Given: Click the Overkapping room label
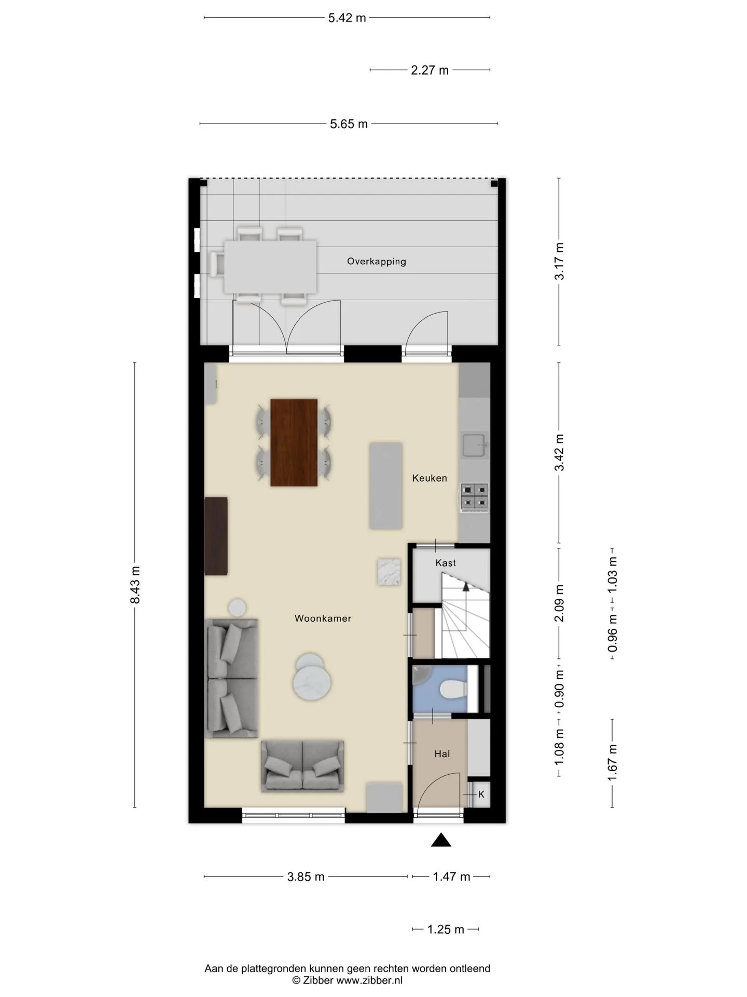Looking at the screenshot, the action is click(x=376, y=261).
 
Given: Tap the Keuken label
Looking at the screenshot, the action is click(x=430, y=478).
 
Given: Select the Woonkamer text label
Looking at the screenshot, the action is click(x=323, y=618).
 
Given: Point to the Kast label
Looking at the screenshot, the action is click(x=446, y=563).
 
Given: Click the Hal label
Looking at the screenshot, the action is click(x=442, y=754).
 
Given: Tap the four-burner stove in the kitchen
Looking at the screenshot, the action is click(x=475, y=496).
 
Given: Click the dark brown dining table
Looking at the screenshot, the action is click(x=294, y=442).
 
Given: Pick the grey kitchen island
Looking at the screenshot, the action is click(x=385, y=486).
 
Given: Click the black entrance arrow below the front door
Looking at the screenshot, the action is click(x=441, y=840).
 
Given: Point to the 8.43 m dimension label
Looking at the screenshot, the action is click(x=135, y=585).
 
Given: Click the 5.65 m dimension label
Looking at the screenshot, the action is click(x=349, y=124).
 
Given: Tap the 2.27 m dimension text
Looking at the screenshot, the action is click(x=430, y=70).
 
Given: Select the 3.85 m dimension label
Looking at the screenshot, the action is click(x=306, y=877).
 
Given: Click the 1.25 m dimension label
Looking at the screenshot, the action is click(x=446, y=929).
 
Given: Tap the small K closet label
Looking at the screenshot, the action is click(x=481, y=794).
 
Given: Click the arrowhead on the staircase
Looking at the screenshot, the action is click(x=466, y=587).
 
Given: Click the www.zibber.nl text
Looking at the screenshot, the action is click(x=369, y=980).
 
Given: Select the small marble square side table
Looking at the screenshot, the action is click(x=389, y=572).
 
